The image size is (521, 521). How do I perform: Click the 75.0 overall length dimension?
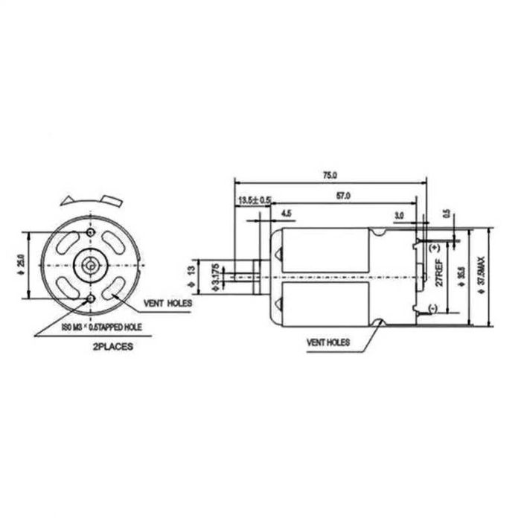pyautogui.click(x=330, y=175)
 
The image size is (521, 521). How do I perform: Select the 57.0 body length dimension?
pyautogui.click(x=344, y=196)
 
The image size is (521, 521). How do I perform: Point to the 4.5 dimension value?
pyautogui.click(x=287, y=214)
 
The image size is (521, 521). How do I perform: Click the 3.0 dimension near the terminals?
pyautogui.click(x=399, y=214)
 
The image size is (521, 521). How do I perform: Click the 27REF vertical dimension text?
pyautogui.click(x=439, y=272)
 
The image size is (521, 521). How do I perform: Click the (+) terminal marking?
pyautogui.click(x=434, y=245)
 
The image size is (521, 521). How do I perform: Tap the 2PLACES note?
pyautogui.click(x=113, y=347)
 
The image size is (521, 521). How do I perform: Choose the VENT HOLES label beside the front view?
pyautogui.click(x=168, y=304)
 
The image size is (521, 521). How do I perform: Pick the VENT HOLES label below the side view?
pyautogui.click(x=328, y=343)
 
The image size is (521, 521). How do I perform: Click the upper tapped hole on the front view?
pyautogui.click(x=90, y=233)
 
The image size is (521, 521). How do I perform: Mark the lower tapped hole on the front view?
pyautogui.click(x=90, y=298)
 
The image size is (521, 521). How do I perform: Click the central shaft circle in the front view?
pyautogui.click(x=90, y=265)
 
